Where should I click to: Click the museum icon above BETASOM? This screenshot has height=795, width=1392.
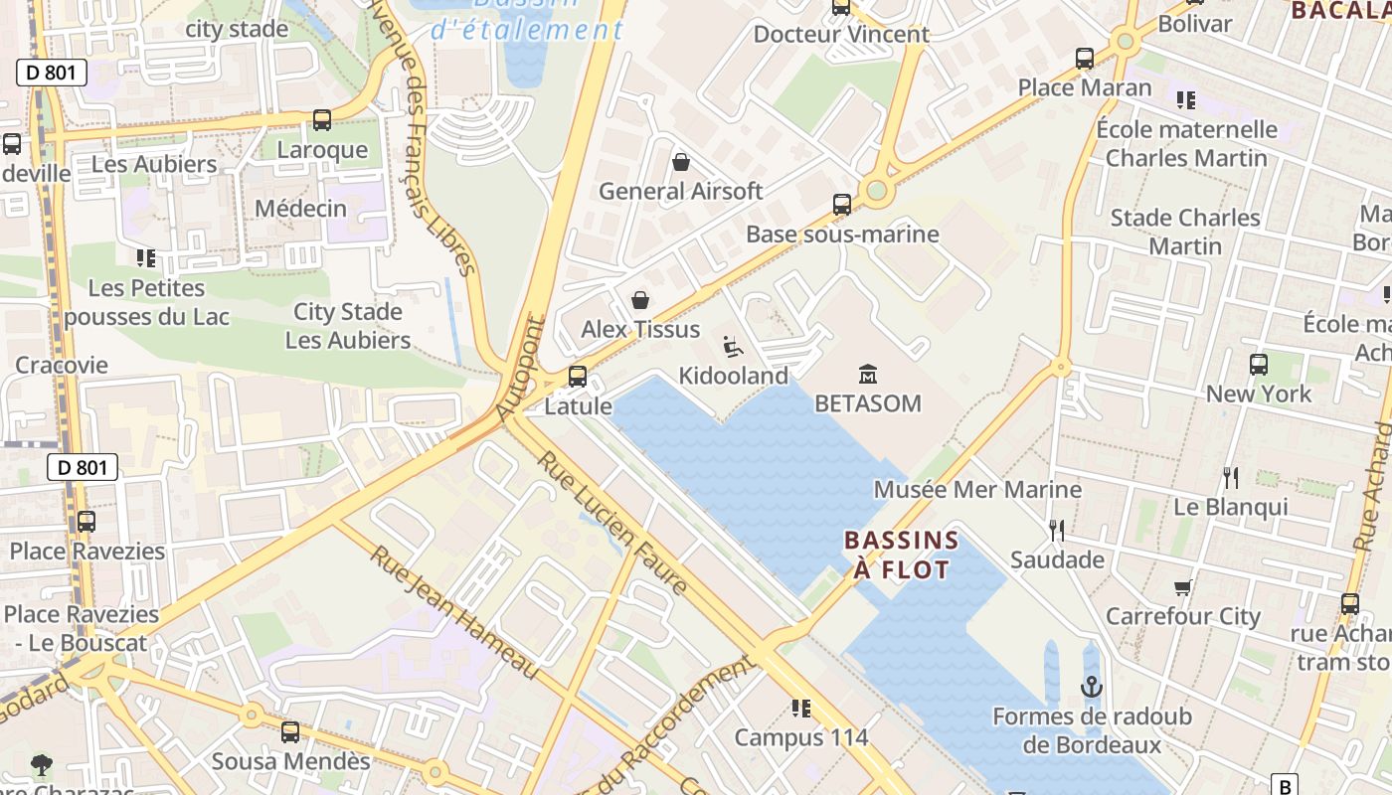(868, 375)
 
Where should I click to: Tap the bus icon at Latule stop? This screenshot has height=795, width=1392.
(578, 377)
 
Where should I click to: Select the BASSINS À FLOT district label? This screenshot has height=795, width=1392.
(901, 555)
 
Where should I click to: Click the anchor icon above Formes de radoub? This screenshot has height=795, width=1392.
(1092, 687)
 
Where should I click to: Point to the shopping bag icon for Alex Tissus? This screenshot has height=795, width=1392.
(640, 300)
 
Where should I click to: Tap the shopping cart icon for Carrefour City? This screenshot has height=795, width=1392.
(1182, 587)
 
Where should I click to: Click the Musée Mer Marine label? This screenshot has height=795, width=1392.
(977, 489)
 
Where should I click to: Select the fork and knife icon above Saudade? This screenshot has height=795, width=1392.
(1057, 530)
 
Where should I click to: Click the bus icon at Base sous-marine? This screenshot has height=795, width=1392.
(842, 205)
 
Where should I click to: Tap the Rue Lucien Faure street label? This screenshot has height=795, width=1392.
(613, 523)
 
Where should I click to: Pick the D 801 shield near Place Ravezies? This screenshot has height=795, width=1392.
(84, 467)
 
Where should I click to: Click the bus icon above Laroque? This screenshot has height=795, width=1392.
(322, 120)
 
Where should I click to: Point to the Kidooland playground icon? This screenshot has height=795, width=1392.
(733, 347)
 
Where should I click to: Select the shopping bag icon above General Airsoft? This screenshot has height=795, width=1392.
(681, 162)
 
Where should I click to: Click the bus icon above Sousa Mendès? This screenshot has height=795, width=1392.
(290, 732)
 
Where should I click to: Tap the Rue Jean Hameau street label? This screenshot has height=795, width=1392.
(455, 612)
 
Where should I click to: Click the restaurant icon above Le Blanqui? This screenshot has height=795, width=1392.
(1231, 478)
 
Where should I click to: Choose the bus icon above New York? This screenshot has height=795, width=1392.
(1259, 365)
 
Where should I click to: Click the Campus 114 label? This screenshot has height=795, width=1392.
(801, 737)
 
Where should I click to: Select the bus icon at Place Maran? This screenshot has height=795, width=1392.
(1085, 59)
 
